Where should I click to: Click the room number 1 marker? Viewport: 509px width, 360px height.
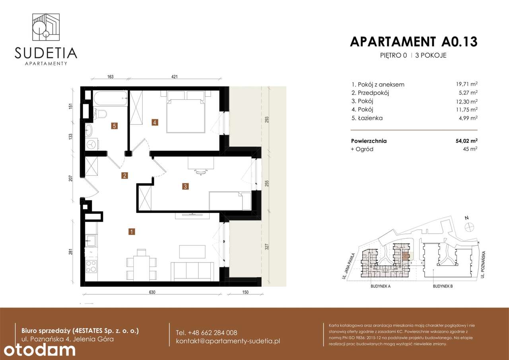131,231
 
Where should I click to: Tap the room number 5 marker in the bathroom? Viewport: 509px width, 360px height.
114,126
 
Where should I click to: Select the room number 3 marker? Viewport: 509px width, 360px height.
185,186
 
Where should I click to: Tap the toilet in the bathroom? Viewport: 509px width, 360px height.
102,115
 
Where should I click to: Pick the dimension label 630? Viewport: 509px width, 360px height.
152,292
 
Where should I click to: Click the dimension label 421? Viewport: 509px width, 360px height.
174,77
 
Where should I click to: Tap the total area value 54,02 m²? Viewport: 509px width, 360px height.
466,141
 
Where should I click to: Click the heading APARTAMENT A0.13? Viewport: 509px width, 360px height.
414,41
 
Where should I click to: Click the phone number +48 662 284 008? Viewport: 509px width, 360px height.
206,333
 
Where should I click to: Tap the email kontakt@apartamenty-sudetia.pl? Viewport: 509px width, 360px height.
228,341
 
